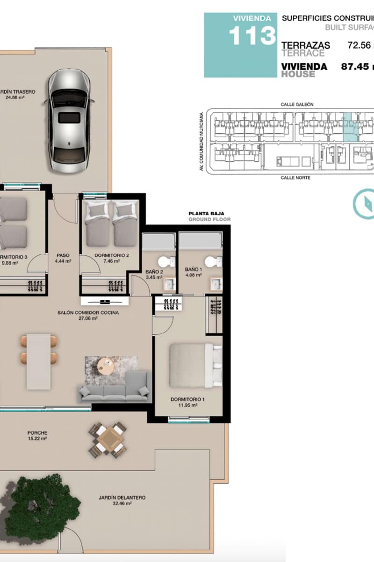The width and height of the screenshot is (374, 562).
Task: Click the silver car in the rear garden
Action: click(70, 120)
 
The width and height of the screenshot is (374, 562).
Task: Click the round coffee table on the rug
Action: click(107, 363)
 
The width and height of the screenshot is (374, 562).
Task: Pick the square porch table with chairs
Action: click(108, 439)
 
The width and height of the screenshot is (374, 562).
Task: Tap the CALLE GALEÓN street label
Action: click(296, 104)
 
